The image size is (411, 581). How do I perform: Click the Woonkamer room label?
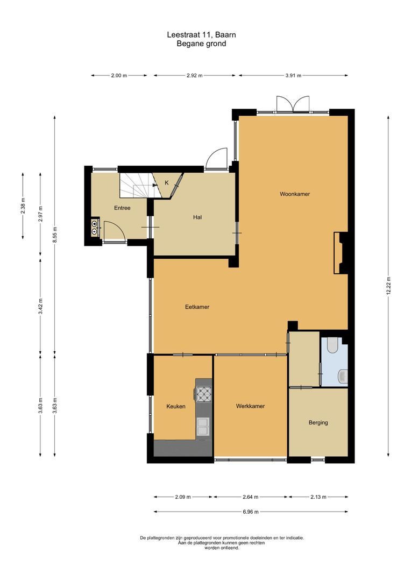coord(294,194)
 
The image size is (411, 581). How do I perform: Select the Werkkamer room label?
coord(250,406)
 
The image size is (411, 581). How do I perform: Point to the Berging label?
coord(318,422)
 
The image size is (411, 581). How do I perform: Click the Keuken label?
coord(176,406)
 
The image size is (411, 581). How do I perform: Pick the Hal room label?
coord(197,217)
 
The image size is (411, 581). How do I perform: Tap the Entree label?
coord(122,208)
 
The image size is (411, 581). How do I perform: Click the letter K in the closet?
coord(166,183)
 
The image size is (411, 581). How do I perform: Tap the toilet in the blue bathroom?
coord(331,345)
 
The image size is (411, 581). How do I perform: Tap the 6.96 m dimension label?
coord(251,512)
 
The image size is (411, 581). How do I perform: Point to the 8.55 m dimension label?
coord(55,235)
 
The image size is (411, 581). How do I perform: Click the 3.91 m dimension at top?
coord(293,76)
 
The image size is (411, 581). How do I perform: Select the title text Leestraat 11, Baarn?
coord(201,34)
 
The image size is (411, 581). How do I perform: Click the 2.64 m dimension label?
coord(251,497)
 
